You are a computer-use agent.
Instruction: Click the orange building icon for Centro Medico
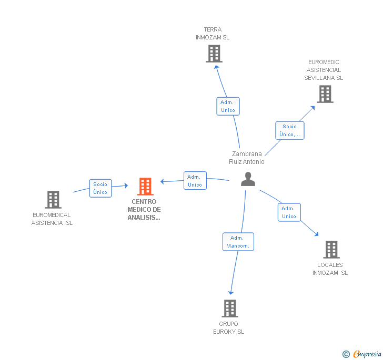[145, 187]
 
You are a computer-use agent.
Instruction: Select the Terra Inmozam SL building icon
[214, 54]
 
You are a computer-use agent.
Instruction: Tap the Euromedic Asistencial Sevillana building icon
[325, 94]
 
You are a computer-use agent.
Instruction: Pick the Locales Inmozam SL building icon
[331, 250]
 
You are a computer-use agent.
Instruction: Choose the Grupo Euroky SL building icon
[229, 308]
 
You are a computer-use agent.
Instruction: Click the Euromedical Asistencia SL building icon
[53, 200]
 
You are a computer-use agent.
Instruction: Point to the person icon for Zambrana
[248, 179]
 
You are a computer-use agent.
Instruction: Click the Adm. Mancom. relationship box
[238, 242]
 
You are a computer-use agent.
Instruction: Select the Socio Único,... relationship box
[289, 130]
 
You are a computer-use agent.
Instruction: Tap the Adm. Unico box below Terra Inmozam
[228, 106]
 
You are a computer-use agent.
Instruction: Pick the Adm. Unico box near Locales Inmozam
[289, 212]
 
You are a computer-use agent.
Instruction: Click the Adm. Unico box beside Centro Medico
[195, 181]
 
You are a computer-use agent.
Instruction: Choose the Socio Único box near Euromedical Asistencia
[100, 188]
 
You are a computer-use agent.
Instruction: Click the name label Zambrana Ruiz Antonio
[247, 158]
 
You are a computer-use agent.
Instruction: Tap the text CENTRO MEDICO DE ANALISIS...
[144, 210]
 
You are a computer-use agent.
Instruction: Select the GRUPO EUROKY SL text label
[229, 328]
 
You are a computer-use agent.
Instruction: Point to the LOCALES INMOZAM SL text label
[330, 269]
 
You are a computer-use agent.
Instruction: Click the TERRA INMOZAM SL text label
[213, 34]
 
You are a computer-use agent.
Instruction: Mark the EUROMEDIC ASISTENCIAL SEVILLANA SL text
[324, 70]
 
